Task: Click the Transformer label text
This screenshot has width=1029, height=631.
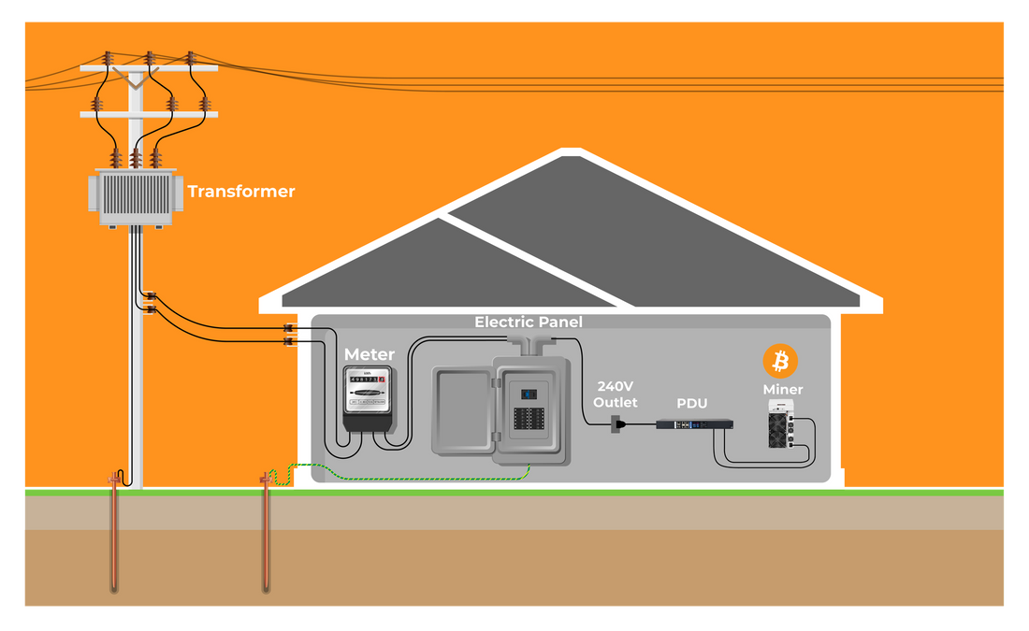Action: (240, 192)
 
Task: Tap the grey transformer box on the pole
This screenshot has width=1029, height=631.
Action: (136, 197)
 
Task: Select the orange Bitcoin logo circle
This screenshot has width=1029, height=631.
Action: (780, 361)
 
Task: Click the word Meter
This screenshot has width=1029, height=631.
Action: (370, 354)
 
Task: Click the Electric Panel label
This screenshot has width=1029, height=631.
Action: (528, 323)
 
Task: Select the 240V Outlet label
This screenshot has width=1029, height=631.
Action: (615, 394)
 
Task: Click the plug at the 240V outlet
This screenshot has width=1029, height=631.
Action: (618, 424)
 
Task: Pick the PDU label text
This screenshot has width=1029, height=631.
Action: (692, 404)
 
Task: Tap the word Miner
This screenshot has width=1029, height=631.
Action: (782, 389)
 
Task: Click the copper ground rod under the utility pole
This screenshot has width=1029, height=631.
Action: (114, 538)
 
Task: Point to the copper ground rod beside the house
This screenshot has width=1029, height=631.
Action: (266, 538)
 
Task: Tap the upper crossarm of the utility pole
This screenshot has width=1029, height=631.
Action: (149, 68)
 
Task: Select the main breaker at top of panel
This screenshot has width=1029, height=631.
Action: (529, 394)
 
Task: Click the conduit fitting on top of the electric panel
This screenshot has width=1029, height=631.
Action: (529, 343)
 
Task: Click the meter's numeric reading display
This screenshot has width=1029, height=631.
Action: (366, 380)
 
